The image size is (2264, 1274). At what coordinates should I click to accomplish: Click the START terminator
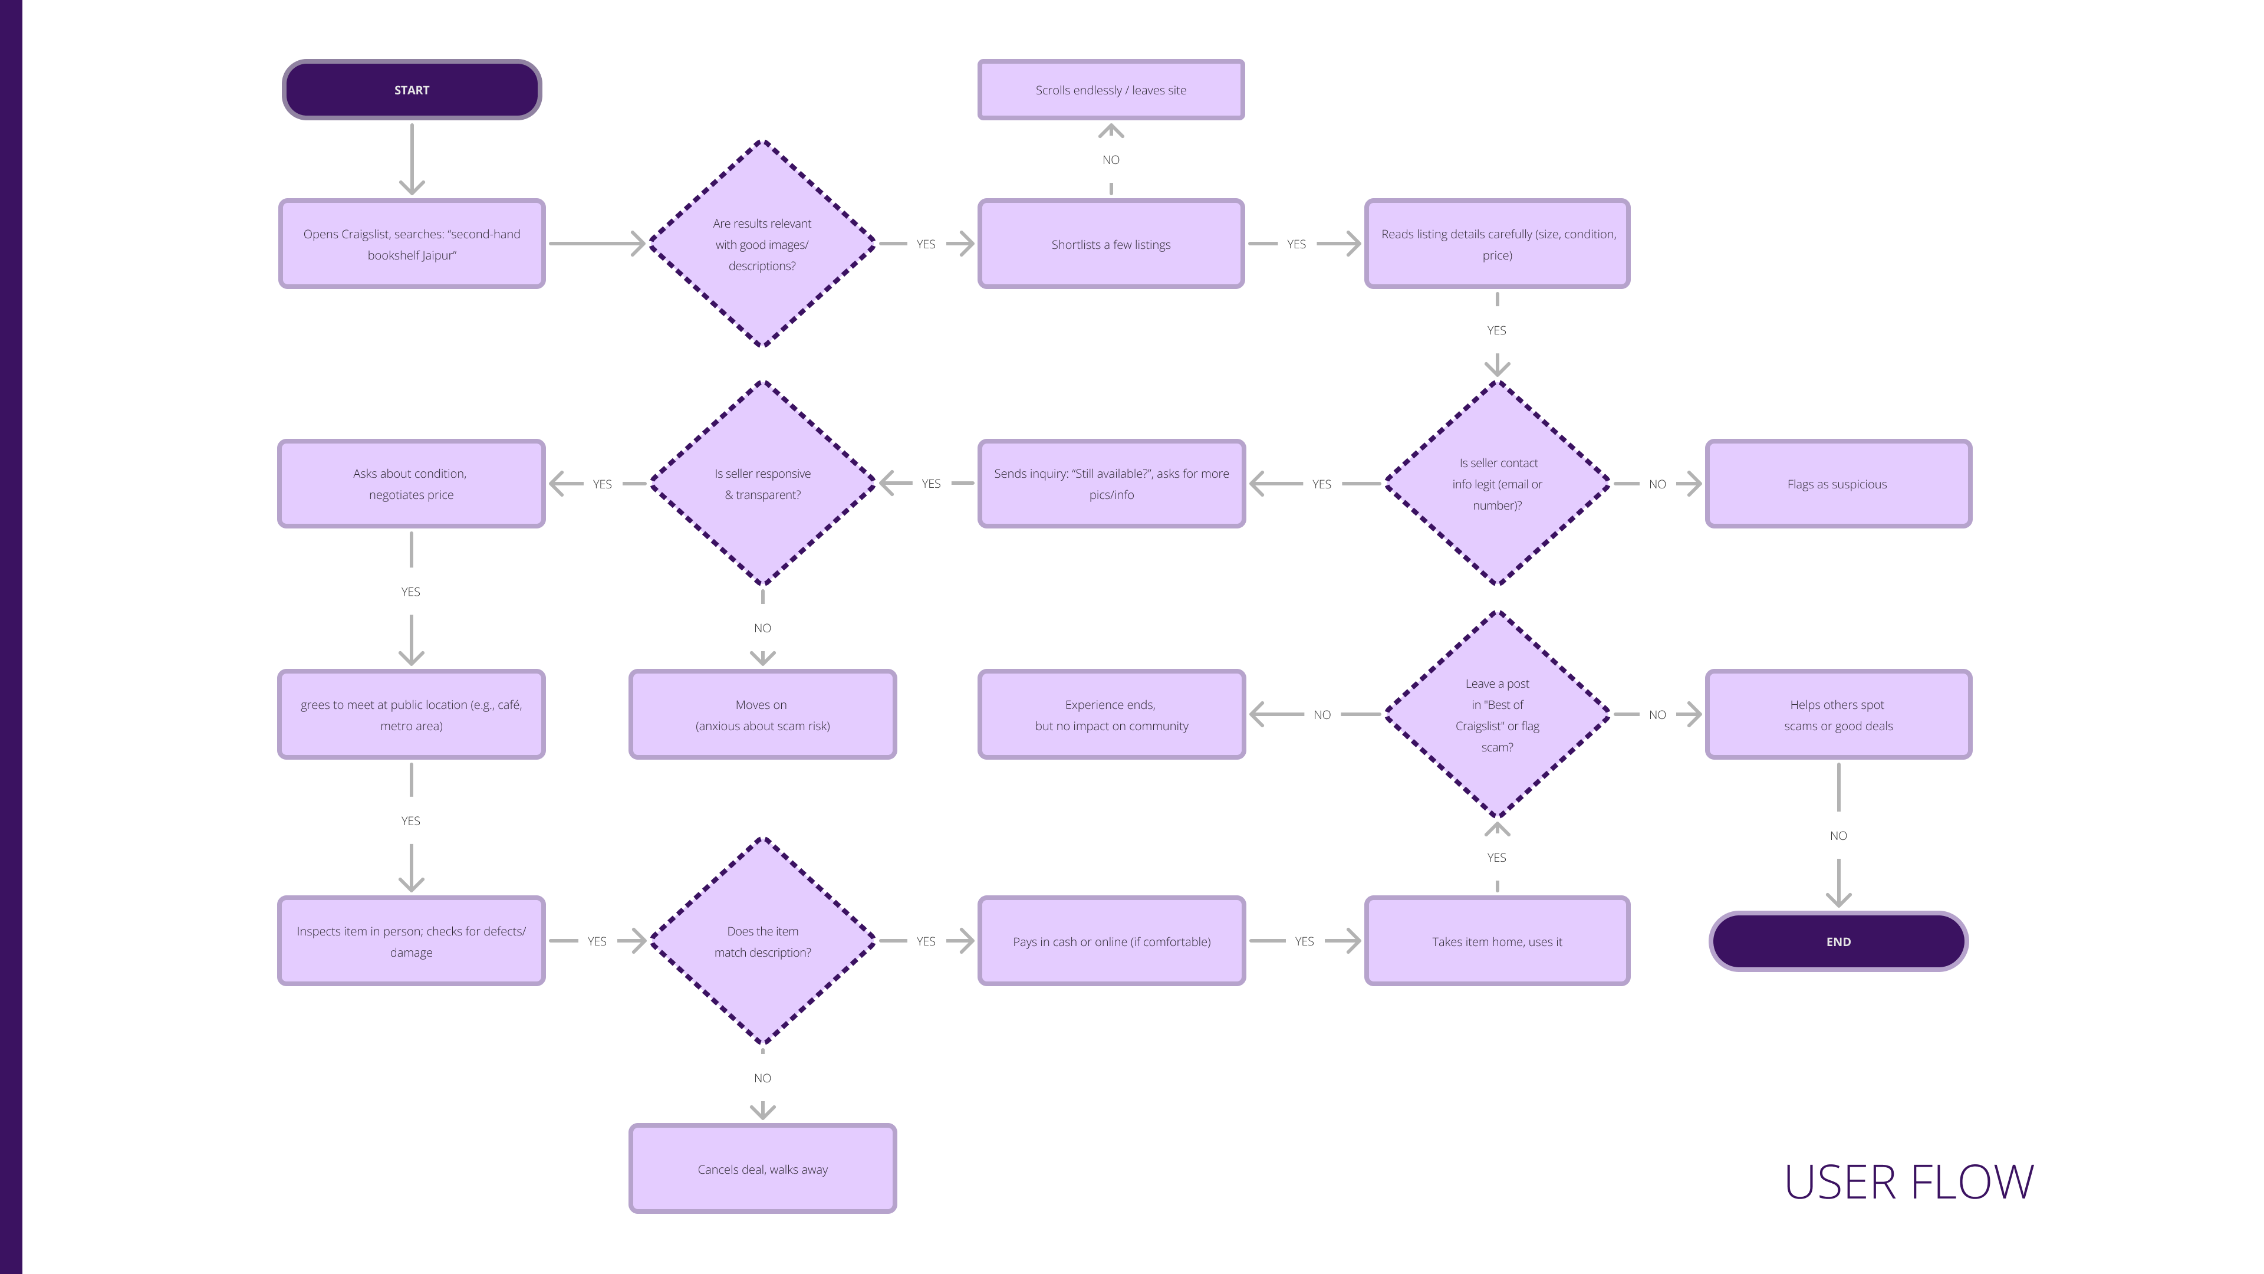coord(412,90)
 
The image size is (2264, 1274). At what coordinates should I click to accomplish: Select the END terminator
coord(1838,942)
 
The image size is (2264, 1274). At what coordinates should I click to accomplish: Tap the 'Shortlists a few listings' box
coord(1111,244)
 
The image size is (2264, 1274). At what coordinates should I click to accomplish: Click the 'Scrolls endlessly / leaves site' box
coord(1111,90)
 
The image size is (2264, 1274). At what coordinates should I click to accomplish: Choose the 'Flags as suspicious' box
coord(1838,484)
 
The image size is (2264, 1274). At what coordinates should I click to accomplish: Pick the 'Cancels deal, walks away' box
coord(762,1170)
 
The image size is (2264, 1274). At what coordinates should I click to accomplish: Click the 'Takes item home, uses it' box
coord(1497,942)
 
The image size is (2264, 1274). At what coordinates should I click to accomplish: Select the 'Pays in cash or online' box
coord(1111,942)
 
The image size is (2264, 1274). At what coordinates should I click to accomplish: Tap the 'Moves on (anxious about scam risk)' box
coord(762,715)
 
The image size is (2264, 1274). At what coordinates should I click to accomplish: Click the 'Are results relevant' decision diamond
coord(762,244)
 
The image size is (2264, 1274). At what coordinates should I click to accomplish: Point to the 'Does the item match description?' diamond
coord(762,942)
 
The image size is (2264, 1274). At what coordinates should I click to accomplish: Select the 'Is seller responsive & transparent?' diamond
coord(762,484)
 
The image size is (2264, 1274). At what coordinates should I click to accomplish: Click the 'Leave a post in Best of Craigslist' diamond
coord(1497,715)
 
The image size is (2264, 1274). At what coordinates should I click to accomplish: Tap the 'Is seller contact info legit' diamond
coord(1497,484)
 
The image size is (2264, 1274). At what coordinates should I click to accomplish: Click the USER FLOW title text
coord(1909,1183)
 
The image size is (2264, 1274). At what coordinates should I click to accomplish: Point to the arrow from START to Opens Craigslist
coord(412,158)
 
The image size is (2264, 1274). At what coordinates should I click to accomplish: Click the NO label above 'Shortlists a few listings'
coord(1111,160)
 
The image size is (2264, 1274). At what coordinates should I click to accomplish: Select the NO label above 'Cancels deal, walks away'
coord(762,1078)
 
